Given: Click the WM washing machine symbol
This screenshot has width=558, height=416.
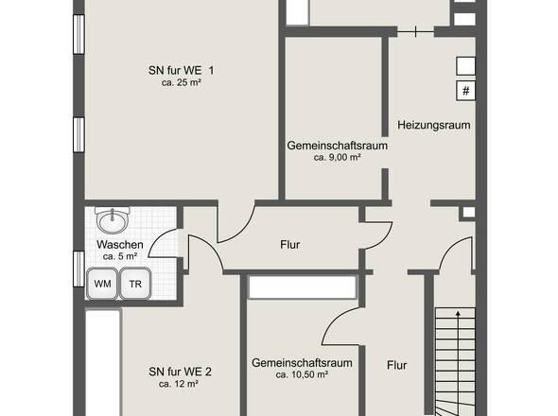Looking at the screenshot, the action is (102, 284).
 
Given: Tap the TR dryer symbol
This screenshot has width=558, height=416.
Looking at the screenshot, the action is (135, 284).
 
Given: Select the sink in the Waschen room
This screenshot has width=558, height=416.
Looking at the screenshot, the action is (113, 220).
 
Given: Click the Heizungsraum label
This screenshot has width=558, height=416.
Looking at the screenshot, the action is (434, 125).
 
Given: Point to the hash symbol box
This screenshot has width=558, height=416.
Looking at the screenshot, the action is (466, 91).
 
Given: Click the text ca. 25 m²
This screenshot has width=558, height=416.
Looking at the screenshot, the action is (182, 82).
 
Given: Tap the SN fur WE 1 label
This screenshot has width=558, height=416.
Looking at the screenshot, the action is (182, 70).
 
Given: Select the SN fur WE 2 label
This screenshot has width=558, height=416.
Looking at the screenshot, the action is (180, 372).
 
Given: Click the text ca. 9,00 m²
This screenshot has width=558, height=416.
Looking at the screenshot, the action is (338, 157).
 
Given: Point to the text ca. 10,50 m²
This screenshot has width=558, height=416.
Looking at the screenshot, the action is (302, 374).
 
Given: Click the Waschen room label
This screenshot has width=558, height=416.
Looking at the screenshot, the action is (120, 245).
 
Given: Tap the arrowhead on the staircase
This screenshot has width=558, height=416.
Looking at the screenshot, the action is (459, 314).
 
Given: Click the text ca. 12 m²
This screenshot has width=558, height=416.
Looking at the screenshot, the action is (179, 385).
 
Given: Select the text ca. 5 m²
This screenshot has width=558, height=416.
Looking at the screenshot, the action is (120, 256).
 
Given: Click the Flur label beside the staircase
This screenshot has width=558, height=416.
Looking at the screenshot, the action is (397, 366).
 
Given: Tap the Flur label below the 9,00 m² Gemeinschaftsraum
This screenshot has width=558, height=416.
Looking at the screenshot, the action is (290, 245).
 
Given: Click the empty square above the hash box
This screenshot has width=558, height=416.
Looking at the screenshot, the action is (466, 66).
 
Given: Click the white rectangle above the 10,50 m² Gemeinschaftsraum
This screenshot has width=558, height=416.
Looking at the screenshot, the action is (303, 287).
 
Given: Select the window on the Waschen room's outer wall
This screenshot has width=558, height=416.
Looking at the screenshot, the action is (78, 269).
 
